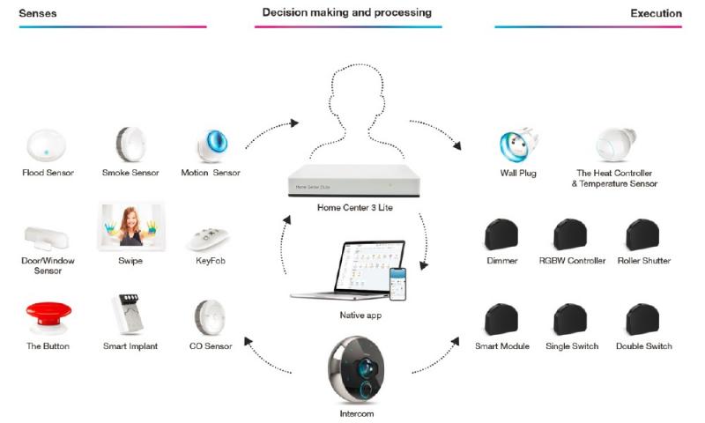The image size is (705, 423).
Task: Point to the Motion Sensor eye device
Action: [211, 144]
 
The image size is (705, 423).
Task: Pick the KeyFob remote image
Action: [210, 237]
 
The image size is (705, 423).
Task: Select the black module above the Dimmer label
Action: [501, 234]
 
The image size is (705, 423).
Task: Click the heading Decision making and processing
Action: [346, 13]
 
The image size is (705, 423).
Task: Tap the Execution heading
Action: [656, 13]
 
